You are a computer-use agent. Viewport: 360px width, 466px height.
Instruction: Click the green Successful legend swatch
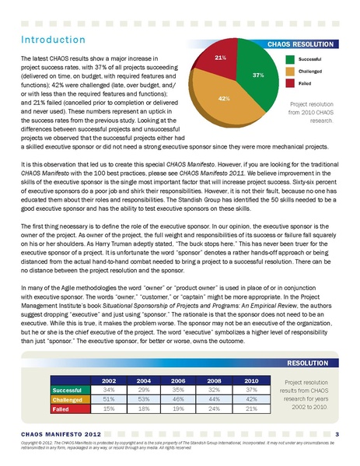point(289,58)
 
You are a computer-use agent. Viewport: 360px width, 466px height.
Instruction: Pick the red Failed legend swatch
point(289,82)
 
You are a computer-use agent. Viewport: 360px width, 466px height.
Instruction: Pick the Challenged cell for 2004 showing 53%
point(145,398)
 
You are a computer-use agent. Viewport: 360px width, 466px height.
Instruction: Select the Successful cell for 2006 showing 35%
point(180,389)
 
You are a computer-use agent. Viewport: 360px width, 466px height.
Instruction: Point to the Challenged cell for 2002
point(109,398)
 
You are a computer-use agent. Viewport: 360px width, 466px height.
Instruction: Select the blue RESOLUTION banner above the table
point(311,363)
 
